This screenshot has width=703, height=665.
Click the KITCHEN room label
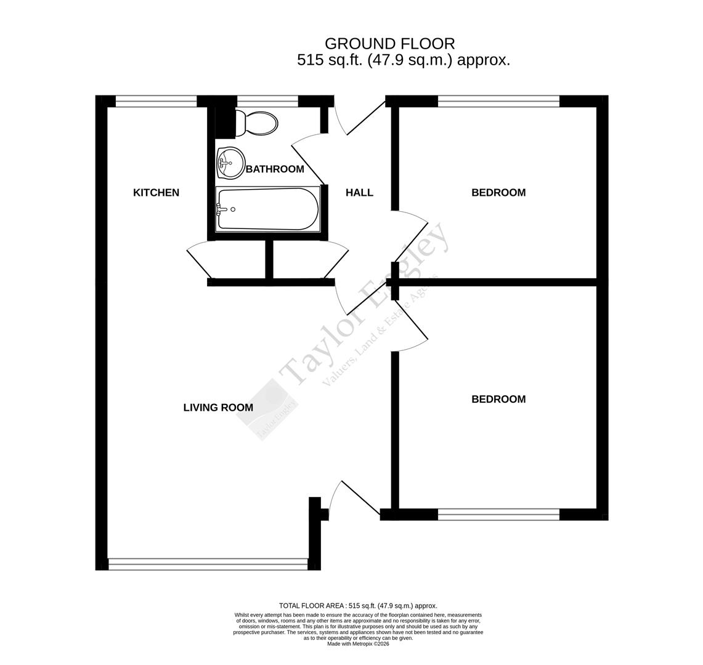156,193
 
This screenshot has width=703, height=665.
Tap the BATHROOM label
275,169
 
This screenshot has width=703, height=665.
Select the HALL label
359,193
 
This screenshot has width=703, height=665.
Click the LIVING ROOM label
218,408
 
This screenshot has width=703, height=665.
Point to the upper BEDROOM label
498,193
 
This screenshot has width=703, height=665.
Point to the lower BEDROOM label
498,400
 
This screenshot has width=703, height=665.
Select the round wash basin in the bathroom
230,163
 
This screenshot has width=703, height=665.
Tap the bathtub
268,209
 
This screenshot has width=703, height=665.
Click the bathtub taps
221,209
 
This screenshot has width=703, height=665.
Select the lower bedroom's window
498,514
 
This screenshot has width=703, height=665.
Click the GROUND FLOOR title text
389,44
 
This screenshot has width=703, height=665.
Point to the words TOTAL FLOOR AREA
312,606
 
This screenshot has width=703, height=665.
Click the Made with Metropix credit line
358,644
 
